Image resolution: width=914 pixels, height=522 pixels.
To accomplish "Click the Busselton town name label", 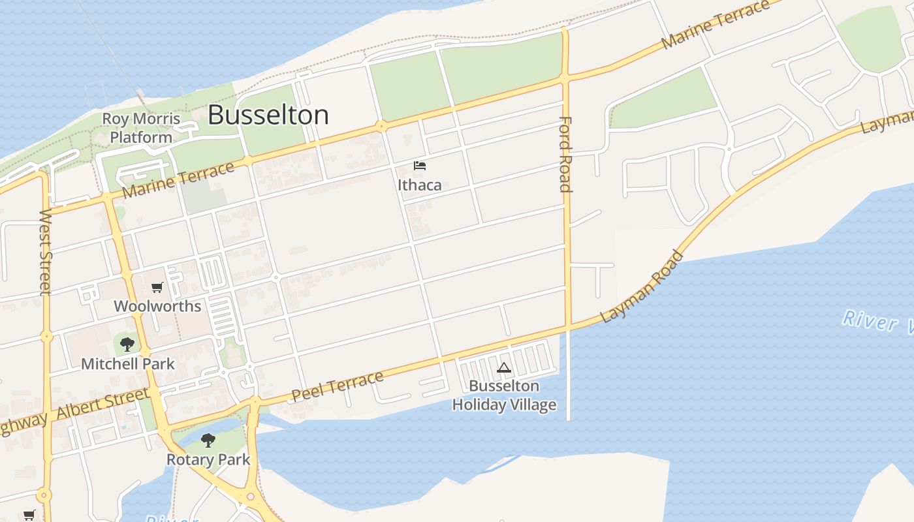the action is (x=268, y=115).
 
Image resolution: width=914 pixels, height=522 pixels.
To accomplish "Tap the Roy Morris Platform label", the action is (x=141, y=129).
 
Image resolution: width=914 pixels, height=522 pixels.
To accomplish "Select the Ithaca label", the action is (x=420, y=185).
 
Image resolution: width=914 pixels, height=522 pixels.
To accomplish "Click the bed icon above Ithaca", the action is (x=420, y=166).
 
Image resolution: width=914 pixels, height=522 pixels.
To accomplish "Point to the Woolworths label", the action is (x=157, y=306).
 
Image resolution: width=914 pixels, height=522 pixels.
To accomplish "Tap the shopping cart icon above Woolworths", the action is (x=157, y=287).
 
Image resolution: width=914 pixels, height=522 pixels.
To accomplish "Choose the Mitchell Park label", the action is (x=128, y=363).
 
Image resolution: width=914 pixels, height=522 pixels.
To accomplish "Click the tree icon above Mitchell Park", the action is (x=127, y=344).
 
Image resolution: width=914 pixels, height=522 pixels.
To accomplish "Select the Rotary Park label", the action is (x=208, y=459).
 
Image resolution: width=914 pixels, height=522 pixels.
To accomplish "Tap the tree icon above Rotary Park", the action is (x=208, y=440).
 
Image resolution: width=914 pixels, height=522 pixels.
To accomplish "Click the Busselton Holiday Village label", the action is (x=505, y=395).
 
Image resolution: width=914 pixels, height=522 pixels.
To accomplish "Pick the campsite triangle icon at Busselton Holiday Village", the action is (x=503, y=368).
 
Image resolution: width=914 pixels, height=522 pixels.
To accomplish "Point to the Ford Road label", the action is (x=565, y=154).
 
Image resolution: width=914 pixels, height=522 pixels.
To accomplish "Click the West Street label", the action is (x=45, y=252).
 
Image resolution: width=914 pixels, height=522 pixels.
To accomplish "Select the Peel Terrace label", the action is (x=338, y=386).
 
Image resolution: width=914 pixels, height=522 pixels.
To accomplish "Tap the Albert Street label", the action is (x=102, y=405).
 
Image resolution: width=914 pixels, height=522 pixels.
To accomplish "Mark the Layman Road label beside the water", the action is (x=642, y=287).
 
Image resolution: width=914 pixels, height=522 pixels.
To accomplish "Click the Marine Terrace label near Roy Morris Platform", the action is (x=178, y=181).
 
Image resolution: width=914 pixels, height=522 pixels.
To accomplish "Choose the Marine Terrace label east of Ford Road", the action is (x=716, y=25).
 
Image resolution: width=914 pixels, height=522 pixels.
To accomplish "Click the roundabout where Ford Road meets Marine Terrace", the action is (x=565, y=79).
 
